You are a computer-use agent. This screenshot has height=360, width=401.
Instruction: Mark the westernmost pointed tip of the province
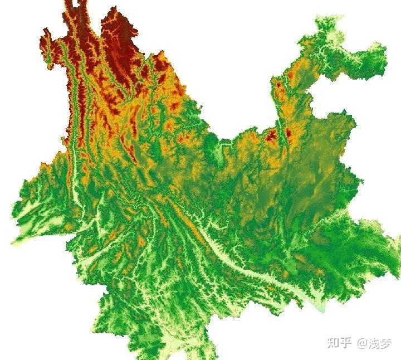pos(12,243)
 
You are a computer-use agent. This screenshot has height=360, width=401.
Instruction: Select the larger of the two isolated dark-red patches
pos(272,135)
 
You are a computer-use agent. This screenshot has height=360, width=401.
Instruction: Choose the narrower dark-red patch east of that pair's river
pos(288,134)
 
